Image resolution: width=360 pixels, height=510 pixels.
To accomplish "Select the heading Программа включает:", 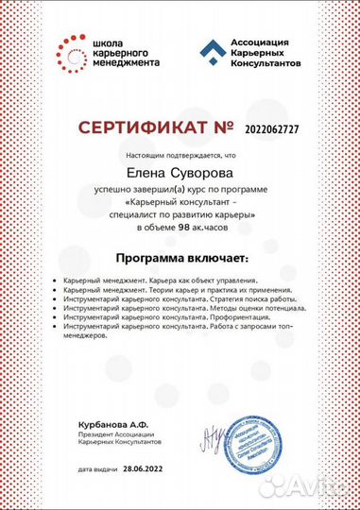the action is (x=180, y=257).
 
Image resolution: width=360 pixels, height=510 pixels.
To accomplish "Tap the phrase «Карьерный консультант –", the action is (x=180, y=201).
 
